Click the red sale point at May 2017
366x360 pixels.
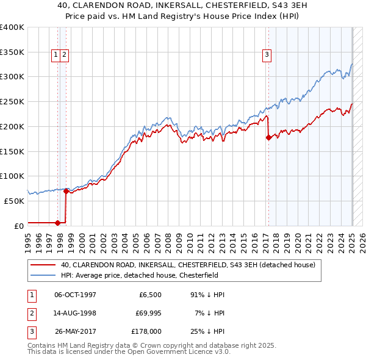[x=268, y=137]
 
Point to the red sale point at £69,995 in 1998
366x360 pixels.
[x=66, y=191]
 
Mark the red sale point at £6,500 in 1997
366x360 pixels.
[x=57, y=222]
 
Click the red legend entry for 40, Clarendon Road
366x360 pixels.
[x=188, y=265]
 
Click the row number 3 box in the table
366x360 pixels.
[x=30, y=331]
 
